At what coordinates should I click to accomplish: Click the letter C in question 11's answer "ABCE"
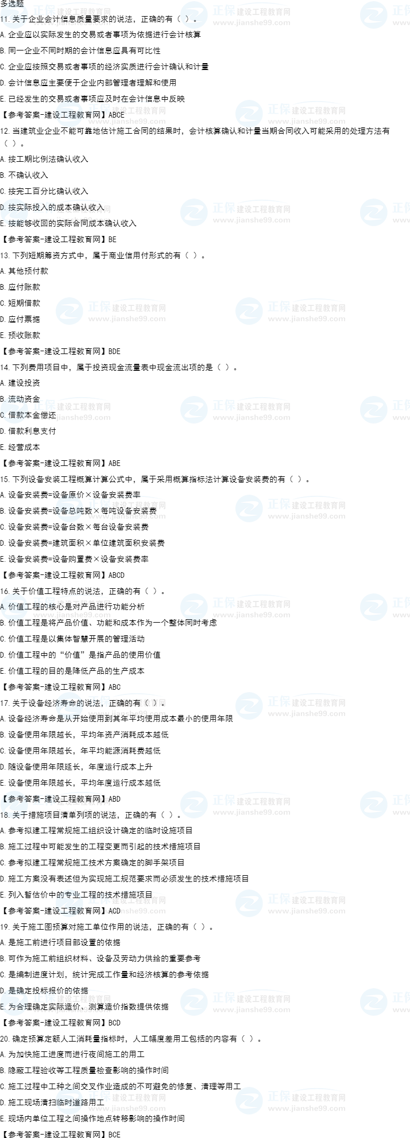117,115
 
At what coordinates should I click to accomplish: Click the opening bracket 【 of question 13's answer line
3,351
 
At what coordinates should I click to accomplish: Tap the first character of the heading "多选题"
4,3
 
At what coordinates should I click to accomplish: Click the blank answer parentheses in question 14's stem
226,367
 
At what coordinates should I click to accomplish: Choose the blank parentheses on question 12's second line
10,143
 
